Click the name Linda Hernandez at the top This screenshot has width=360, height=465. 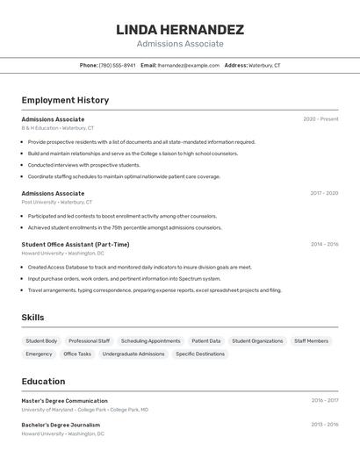tap(180, 30)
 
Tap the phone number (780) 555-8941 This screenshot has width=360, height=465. tap(118, 66)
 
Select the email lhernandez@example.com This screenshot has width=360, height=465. tap(189, 66)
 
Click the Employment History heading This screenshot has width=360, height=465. tap(65, 100)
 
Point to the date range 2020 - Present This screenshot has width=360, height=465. tap(320, 119)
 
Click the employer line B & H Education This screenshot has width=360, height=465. tap(57, 128)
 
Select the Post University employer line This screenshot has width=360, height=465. tap(57, 202)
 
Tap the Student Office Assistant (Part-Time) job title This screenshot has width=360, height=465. tap(76, 245)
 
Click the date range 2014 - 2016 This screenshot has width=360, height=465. tap(324, 245)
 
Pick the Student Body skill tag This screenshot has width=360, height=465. tap(41, 340)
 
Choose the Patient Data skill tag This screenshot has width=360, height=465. tap(206, 340)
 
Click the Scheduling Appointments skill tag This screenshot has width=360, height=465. tap(150, 340)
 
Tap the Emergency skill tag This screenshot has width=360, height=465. tap(39, 354)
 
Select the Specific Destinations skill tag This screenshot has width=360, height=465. tap(200, 354)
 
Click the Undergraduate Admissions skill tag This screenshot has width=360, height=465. tap(133, 354)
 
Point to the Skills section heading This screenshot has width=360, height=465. tap(32, 318)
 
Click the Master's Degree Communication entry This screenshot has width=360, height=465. tap(65, 401)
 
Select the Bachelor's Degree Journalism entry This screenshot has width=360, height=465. tap(61, 425)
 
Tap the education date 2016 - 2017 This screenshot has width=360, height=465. tap(324, 401)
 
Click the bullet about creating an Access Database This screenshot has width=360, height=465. tap(140, 267)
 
